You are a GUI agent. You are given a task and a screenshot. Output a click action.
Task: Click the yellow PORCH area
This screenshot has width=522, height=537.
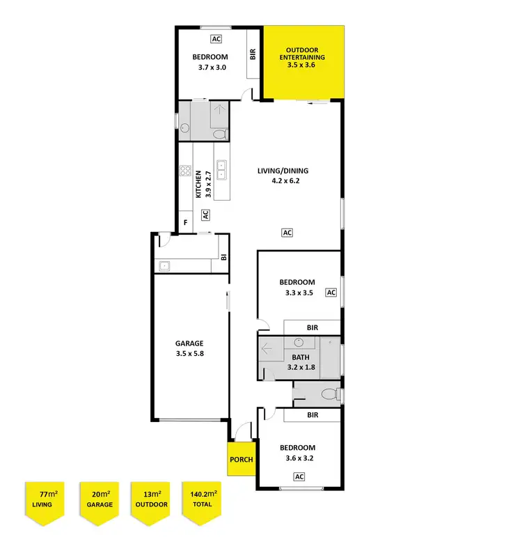pos(241,459)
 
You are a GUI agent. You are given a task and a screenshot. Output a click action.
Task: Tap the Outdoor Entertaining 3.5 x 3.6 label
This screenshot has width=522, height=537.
pos(305,57)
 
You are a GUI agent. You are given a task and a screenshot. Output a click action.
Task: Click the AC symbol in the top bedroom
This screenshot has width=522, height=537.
pos(216,40)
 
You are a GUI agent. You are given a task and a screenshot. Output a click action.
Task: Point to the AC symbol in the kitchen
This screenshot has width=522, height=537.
pos(206,215)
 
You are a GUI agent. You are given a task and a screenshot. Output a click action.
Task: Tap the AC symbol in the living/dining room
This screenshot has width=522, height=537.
pos(286,233)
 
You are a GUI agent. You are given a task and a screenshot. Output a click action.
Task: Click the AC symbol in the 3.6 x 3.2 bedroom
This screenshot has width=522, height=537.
pos(299,476)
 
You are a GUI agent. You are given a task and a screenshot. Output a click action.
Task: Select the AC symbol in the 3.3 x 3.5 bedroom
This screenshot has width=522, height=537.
pos(331,293)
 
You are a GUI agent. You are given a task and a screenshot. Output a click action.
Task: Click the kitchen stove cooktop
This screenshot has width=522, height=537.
pos(185,170)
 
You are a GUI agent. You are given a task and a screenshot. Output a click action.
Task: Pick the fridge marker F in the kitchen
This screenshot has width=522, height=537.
pos(185,223)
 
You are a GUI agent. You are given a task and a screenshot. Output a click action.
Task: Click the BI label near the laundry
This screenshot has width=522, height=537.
pos(223,256)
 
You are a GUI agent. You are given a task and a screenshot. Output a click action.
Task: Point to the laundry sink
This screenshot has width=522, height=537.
pos(165,265)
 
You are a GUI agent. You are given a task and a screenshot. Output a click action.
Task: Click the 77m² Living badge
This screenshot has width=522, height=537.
pos(45,499)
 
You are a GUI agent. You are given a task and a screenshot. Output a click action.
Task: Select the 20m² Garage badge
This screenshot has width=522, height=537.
pos(98,499)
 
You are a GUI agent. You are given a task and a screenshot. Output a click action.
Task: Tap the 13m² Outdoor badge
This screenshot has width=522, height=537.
pos(151,499)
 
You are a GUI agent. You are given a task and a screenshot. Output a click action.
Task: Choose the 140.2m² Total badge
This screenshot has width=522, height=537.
pos(202,499)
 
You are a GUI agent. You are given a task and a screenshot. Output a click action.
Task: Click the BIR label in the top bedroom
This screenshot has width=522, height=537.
pos(253,54)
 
